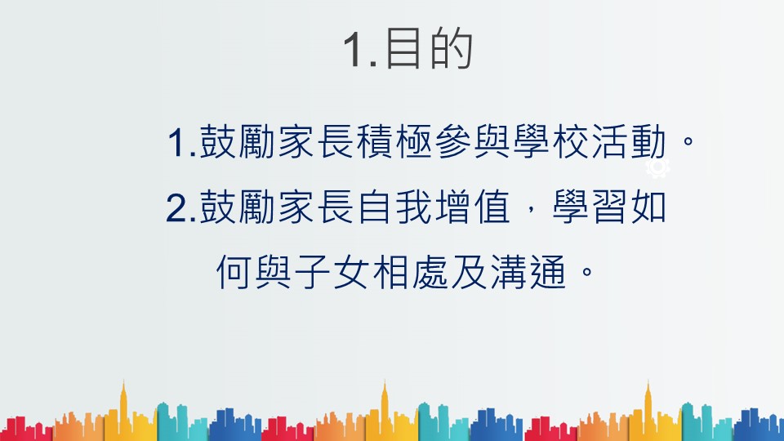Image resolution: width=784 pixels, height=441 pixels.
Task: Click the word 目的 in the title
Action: click(x=429, y=48)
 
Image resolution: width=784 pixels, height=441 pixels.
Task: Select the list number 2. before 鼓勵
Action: click(x=180, y=207)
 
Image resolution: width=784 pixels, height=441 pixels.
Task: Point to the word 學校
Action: click(x=550, y=141)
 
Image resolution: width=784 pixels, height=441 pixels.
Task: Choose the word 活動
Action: click(x=629, y=141)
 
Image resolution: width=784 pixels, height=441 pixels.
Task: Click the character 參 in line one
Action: click(x=453, y=141)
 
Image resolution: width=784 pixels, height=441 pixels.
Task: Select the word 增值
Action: click(x=473, y=207)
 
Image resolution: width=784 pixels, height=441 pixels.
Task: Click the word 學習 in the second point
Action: click(x=590, y=207)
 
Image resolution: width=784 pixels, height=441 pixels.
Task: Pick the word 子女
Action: click(x=332, y=273)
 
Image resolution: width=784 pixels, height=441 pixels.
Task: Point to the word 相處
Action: click(x=410, y=273)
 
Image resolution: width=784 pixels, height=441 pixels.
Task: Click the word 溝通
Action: click(x=528, y=273)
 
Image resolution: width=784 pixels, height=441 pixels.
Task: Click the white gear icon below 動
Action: click(x=657, y=167)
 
